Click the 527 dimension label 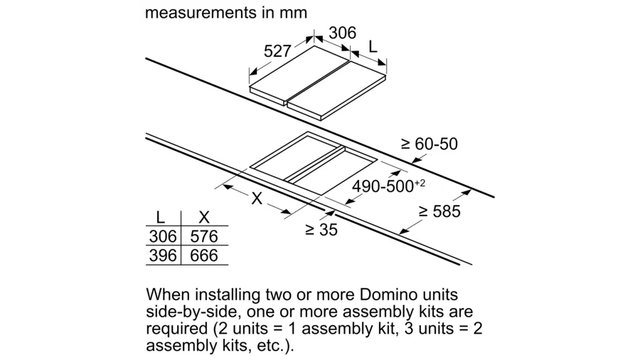pos(277,51)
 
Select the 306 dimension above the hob pos(343,33)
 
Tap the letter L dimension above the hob pos(373,47)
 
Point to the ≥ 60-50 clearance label pos(430,144)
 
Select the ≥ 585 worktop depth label pos(439,211)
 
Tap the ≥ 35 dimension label pos(321,230)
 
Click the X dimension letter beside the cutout pos(257,198)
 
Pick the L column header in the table pos(161,217)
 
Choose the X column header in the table pos(203,217)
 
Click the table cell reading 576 pos(204,236)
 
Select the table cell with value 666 pos(204,255)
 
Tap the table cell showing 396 pos(163,255)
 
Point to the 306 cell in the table pos(163,236)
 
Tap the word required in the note pos(177,329)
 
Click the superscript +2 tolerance pos(420,183)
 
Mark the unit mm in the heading pos(293,13)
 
